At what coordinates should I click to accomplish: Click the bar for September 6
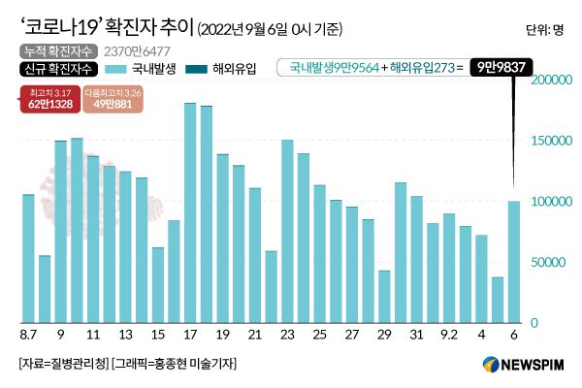(x=514, y=262)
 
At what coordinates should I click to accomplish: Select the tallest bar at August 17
(x=190, y=212)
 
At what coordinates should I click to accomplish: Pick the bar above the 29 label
(x=384, y=296)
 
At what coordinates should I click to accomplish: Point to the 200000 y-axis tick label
(x=549, y=81)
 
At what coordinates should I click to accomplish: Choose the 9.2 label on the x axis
(x=449, y=336)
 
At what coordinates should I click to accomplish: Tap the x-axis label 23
(x=287, y=336)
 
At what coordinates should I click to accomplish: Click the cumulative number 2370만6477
(x=135, y=50)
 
